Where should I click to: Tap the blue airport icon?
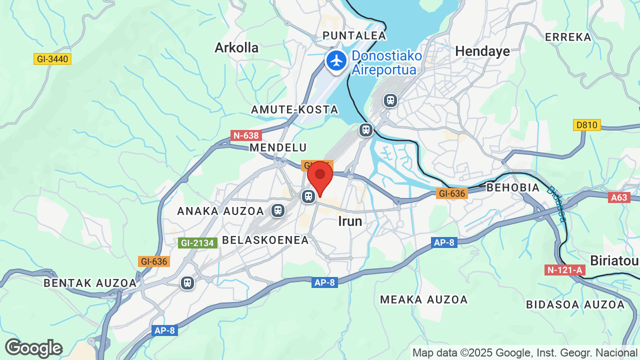click(x=336, y=61)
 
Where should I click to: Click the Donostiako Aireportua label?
click(x=386, y=63)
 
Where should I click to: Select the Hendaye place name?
click(x=482, y=51)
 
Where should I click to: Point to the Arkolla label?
click(x=236, y=47)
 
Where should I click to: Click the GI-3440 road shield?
click(x=52, y=59)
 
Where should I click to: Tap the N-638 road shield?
click(x=246, y=135)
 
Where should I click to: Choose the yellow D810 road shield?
click(x=586, y=125)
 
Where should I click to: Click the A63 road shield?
click(x=618, y=197)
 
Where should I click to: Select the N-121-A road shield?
click(x=564, y=270)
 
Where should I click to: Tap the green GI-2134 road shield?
click(x=197, y=243)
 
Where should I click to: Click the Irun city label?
click(x=350, y=221)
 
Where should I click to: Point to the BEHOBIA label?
click(x=513, y=187)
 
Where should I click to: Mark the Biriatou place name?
click(x=614, y=261)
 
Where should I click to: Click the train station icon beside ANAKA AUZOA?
click(x=277, y=210)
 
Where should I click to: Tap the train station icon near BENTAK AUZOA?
click(x=187, y=283)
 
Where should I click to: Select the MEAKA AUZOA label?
click(x=424, y=299)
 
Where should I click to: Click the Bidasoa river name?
click(x=556, y=204)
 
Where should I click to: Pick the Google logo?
click(x=33, y=348)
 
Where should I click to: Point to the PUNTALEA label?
click(x=354, y=35)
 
